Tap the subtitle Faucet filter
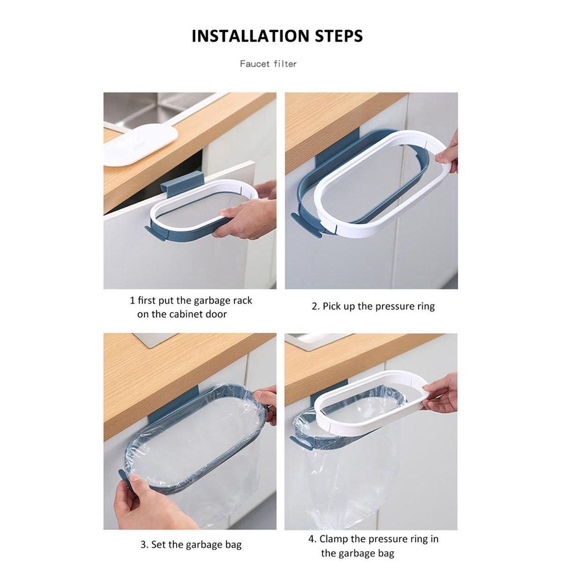coord(268,64)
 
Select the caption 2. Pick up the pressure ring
coord(373,306)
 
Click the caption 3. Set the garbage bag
coord(190,545)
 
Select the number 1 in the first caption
coord(132,301)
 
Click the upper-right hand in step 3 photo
coord(267,403)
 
